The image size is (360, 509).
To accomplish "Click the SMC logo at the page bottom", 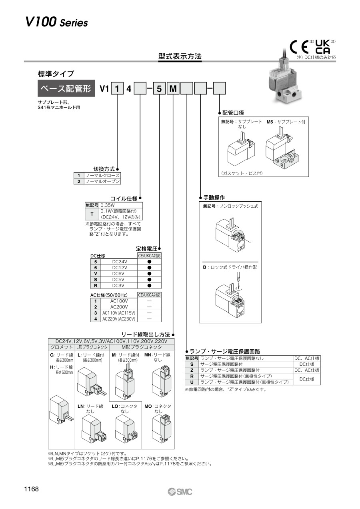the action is (180, 492).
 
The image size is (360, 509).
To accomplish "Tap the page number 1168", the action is (31, 489).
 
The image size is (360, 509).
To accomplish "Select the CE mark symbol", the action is (299, 47).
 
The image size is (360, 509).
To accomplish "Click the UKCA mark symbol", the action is (322, 47).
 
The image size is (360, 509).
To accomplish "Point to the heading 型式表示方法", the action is (180, 56).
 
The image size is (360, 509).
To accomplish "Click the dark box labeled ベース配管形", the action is (66, 88).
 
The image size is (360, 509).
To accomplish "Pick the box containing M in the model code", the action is (173, 88).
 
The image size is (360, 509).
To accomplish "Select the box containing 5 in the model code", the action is (159, 88).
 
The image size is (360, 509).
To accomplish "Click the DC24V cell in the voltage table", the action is (119, 262).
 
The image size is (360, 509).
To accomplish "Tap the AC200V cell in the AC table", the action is (119, 307).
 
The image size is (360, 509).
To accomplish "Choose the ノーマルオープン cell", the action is (102, 181).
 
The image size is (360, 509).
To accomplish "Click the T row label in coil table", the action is (92, 214).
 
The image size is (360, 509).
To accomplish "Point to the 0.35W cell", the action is (121, 205).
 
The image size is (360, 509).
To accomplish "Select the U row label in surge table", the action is (192, 382).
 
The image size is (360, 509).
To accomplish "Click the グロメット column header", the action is (62, 347).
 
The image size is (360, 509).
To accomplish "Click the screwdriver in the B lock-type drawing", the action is (238, 278).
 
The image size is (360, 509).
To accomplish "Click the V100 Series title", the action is (56, 22).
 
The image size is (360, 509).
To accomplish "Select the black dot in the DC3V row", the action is (149, 286).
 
